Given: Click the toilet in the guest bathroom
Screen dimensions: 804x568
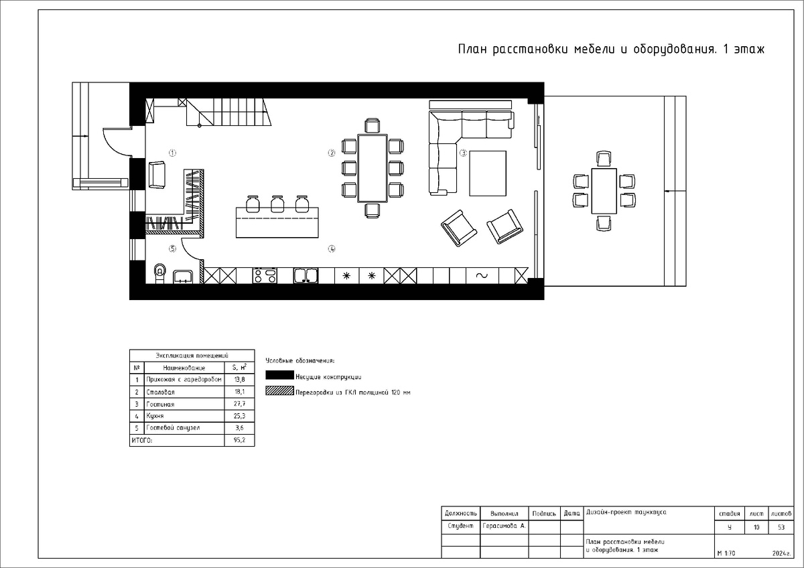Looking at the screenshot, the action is coord(160,273).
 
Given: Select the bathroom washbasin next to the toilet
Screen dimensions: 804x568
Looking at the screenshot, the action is coord(183,277).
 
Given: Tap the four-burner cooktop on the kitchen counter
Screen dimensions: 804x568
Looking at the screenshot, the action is coord(265,275).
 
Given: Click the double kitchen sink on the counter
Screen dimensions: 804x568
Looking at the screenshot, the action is coord(306,275).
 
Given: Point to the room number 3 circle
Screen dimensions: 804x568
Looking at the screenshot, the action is coord(464,153).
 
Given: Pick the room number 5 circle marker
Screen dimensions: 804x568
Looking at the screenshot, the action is coord(173,248).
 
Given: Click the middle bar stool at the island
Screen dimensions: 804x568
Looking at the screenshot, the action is coord(277,204).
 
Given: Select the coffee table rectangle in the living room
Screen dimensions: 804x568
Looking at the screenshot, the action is coord(488,173).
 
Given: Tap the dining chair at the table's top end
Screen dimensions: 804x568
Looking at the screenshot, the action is coord(373,125).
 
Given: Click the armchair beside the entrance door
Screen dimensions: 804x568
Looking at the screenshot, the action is coord(157,175).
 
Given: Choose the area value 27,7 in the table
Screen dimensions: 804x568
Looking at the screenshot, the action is coord(239,404).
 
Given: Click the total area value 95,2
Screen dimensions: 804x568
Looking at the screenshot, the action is coord(239,440).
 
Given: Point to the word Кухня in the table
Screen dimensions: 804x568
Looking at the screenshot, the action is coord(155,416).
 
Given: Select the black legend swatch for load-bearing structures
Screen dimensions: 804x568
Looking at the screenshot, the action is coord(279,375).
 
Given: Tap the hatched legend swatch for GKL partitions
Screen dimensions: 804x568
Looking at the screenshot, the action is coord(279,390).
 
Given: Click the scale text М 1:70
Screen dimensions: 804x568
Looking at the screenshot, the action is coord(726,553).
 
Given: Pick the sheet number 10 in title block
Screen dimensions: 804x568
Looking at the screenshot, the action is coord(756,527).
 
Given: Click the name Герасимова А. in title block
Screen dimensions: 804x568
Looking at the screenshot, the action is coord(504,526).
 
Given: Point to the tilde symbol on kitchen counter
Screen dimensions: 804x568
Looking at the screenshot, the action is coord(482,275).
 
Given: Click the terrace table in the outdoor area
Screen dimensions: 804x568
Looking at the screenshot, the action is coord(604,191).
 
